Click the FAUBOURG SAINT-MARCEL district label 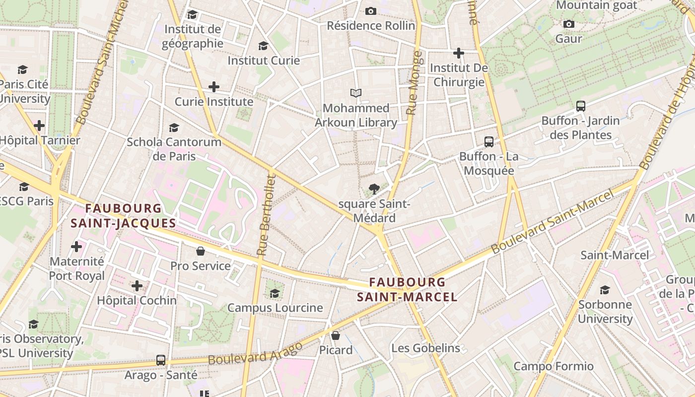coord(407,289)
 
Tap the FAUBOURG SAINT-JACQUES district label coord(123,216)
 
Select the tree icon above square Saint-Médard coord(374,189)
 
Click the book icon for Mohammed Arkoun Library coord(355,93)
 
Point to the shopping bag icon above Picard coord(336,335)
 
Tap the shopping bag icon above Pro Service coord(201,251)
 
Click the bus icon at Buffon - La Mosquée coord(489,142)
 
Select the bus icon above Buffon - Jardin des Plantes coord(580,106)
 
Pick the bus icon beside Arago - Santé coord(160,360)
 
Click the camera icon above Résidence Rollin coord(371,11)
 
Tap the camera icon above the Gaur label coord(568,24)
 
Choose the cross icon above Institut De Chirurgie coord(459,53)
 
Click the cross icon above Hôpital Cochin coord(137,285)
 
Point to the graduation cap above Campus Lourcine coord(275,293)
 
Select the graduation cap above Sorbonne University coord(605,290)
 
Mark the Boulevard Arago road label coord(256,353)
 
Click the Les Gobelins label coord(425,348)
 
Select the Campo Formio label coord(553,366)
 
